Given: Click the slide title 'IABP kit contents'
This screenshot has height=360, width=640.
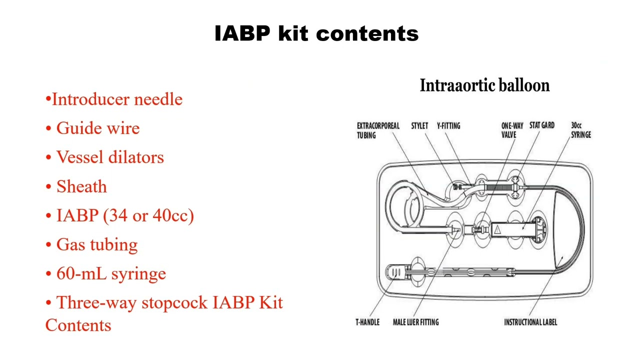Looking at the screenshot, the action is click(316, 33).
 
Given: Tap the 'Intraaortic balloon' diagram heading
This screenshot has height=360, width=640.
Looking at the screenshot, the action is click(485, 85).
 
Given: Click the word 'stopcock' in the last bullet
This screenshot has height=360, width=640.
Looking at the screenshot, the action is click(174, 302).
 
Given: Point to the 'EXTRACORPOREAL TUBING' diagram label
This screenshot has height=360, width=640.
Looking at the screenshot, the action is click(378, 130).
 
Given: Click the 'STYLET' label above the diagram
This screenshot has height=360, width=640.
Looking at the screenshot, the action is click(419, 125).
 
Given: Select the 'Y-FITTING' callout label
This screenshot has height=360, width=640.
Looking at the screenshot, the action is click(448, 125).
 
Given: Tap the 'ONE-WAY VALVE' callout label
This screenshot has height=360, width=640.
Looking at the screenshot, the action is click(512, 130).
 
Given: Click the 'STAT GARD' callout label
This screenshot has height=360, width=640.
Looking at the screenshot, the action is click(542, 125).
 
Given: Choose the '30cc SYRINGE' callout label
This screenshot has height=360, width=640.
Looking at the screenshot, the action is click(581, 130).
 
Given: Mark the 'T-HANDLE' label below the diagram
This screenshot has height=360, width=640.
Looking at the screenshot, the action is click(367, 322).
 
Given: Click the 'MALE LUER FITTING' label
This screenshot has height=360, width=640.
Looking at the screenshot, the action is click(415, 322).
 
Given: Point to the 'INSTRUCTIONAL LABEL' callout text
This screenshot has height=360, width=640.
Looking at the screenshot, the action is click(530, 322).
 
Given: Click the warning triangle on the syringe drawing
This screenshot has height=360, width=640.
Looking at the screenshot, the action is click(497, 229).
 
